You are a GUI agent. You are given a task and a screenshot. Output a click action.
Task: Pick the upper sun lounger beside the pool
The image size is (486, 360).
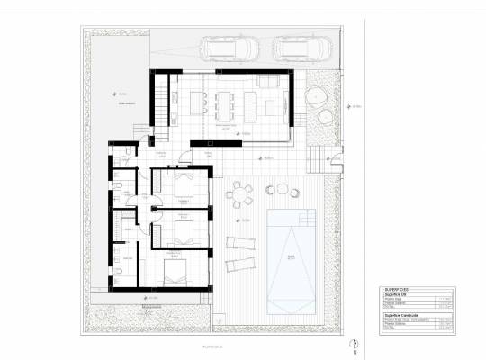click(240, 242)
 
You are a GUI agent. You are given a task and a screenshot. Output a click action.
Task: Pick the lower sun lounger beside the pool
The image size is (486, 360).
click(240, 263)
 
